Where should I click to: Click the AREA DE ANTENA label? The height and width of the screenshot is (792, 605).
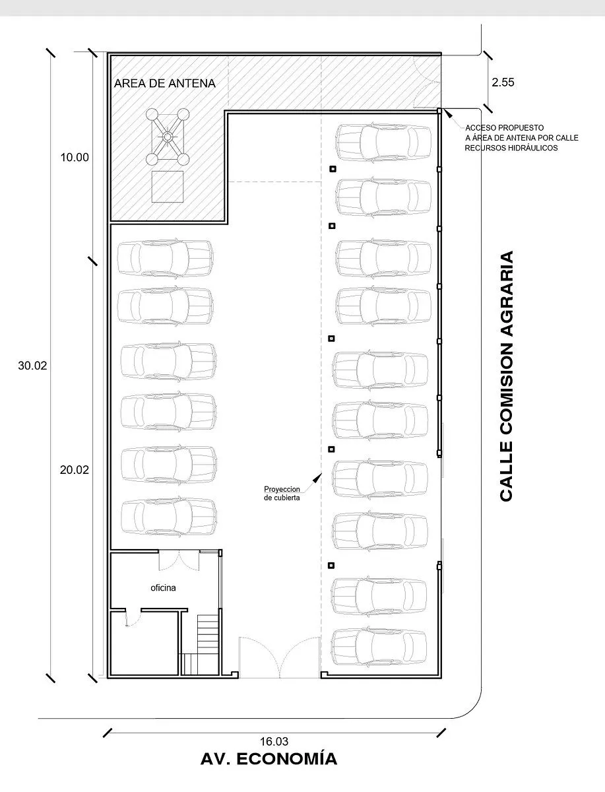165,84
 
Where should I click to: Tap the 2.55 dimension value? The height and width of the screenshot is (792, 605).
503,82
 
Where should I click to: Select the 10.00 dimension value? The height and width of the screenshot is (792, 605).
75,157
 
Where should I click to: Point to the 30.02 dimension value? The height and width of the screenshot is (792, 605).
32,366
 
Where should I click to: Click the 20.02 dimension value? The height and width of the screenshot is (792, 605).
75,470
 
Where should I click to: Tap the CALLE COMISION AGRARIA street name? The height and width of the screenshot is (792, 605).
507,376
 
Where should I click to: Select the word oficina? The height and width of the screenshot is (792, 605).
164,588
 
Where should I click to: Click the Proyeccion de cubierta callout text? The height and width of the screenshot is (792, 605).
282,493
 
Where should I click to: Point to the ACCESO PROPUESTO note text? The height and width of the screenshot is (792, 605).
521,138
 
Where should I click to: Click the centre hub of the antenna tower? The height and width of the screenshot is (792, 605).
168,137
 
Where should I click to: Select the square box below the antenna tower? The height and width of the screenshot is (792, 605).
168,187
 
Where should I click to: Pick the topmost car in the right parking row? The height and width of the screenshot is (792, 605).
383,142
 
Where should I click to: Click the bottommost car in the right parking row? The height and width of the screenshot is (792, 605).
379,647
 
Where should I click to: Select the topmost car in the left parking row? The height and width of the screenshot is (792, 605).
165,257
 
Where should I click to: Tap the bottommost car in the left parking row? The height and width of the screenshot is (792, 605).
169,516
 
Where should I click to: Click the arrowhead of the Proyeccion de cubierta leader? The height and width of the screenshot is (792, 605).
317,478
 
